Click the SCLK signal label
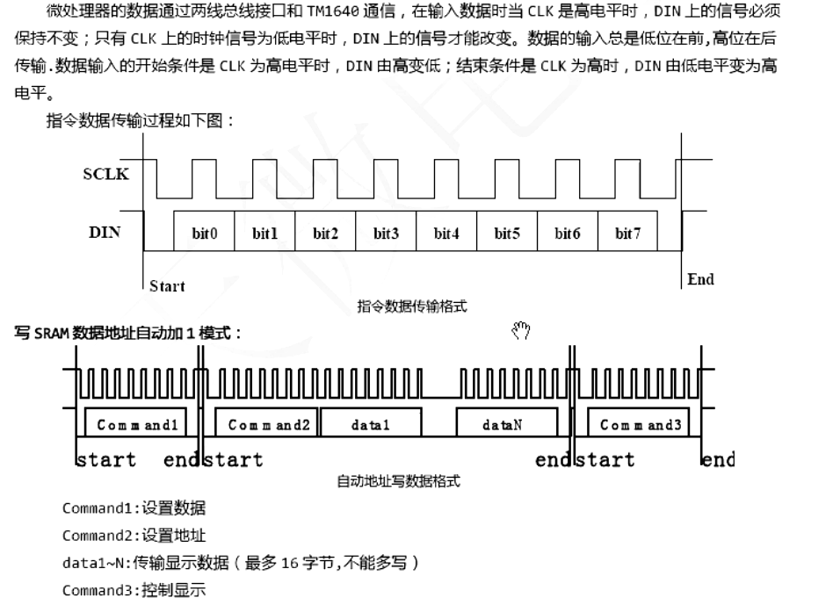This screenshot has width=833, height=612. [105, 174]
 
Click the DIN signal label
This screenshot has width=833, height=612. [105, 233]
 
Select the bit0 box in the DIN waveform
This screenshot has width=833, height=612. [204, 231]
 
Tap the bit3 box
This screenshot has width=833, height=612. [386, 231]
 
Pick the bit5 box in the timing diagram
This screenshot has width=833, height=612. [507, 231]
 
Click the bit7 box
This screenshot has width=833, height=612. [627, 231]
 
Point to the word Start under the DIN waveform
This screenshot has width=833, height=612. [167, 286]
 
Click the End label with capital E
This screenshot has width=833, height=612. [700, 279]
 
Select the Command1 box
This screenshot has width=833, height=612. [136, 422]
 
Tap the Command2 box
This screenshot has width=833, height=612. [266, 422]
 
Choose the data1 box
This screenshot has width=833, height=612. [371, 422]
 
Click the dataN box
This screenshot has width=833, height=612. [507, 422]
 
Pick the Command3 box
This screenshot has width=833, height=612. [639, 422]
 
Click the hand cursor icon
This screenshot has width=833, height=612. [521, 329]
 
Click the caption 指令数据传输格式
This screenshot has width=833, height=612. [412, 306]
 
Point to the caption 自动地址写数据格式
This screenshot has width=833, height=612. [398, 481]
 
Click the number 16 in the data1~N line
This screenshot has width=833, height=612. [290, 563]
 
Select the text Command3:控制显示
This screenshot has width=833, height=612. [134, 590]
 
